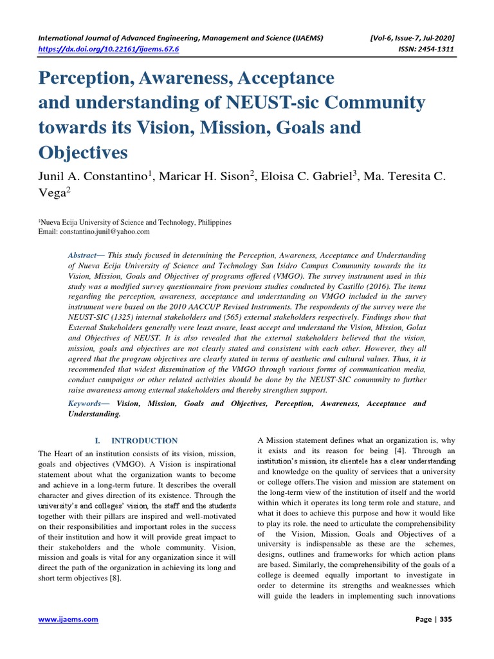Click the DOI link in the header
109,48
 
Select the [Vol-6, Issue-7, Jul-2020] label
409,37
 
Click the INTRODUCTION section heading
145,441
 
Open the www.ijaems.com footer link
68,619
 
